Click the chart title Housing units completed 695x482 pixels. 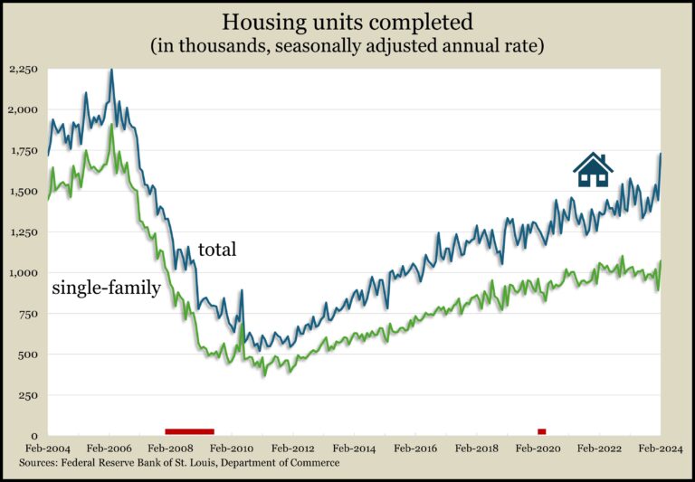347,21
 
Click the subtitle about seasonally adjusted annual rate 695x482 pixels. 347,44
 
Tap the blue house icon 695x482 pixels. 593,169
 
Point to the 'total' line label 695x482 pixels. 216,250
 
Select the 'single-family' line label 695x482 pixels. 105,288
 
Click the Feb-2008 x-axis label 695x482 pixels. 169,448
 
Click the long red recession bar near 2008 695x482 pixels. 189,431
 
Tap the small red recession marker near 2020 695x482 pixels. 542,431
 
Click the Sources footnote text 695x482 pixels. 179,463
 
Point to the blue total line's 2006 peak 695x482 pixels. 111,71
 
